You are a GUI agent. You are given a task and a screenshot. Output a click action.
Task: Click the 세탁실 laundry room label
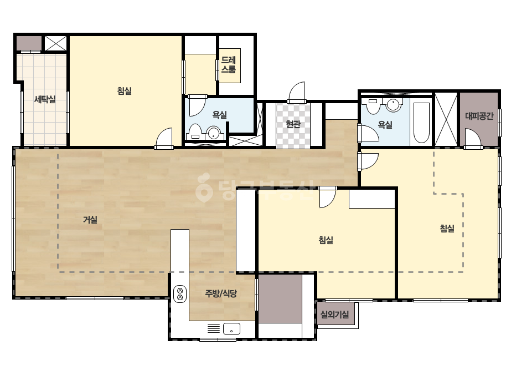(45, 99)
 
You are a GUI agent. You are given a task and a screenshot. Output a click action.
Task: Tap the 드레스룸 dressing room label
(229, 65)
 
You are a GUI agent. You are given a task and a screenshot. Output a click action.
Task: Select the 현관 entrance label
(293, 124)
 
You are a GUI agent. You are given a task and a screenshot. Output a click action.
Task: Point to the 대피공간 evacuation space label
(479, 115)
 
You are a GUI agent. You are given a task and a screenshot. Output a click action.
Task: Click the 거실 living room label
(90, 220)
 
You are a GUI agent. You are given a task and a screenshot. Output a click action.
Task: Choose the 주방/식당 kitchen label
(221, 293)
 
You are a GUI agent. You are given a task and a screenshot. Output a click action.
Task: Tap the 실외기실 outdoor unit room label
(335, 314)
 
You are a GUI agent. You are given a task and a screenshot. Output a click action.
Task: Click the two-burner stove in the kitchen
(179, 293)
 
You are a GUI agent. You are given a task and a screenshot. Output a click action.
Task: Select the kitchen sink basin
(231, 328)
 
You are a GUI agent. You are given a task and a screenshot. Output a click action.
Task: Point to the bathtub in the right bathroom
(421, 123)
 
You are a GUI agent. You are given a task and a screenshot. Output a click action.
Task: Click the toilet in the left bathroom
(195, 131)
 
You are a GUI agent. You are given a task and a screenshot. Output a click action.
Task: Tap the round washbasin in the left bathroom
(214, 133)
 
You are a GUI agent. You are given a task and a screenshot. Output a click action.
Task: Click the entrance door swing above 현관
(297, 92)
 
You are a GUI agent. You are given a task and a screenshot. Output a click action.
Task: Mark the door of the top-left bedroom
(164, 138)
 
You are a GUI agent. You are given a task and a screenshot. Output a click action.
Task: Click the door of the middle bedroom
(327, 197)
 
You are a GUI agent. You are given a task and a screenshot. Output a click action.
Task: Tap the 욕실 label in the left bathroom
(219, 115)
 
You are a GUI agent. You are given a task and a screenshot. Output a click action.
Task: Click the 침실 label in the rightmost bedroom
(447, 229)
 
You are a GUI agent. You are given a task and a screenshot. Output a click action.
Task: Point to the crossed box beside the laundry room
(55, 43)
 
